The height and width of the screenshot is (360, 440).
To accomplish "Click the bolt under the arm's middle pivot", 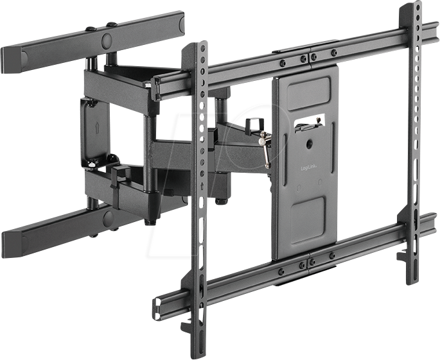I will pos(221,201).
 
